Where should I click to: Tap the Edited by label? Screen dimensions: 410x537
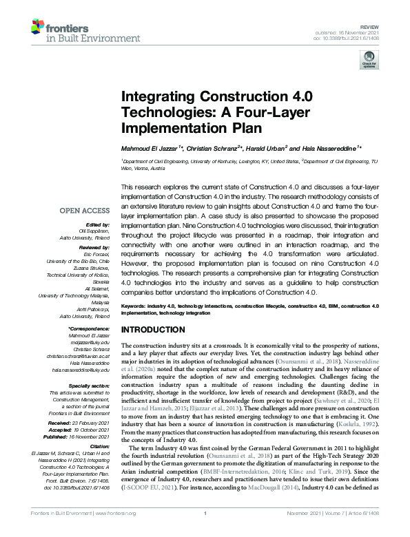[x=98, y=224]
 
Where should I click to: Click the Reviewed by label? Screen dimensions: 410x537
[x=93, y=246]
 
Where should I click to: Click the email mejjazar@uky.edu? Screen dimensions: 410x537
[x=89, y=343]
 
